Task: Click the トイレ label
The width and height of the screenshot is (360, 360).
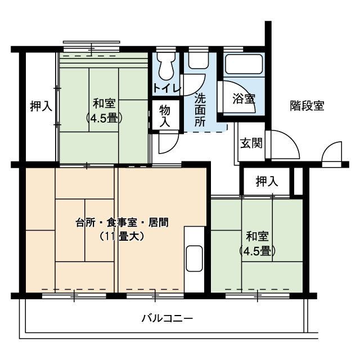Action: click(x=166, y=88)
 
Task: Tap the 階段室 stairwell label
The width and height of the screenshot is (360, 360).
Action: click(x=307, y=106)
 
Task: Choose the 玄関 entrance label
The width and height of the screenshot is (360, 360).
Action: click(x=251, y=143)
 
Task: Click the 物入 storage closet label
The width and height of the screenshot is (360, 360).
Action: click(x=165, y=116)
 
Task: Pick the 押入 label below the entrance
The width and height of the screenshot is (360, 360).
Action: click(x=267, y=181)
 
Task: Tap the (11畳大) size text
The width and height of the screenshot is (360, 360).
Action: click(x=122, y=237)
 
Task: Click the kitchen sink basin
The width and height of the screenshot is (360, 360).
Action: click(x=194, y=258)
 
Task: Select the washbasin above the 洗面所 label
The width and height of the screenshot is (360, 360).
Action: click(x=197, y=61)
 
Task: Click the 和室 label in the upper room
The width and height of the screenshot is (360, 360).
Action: click(x=105, y=104)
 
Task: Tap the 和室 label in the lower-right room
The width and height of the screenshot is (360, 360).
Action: click(x=256, y=236)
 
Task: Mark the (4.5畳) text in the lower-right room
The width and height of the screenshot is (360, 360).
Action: click(x=256, y=251)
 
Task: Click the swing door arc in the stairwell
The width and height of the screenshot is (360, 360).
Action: click(x=332, y=152)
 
